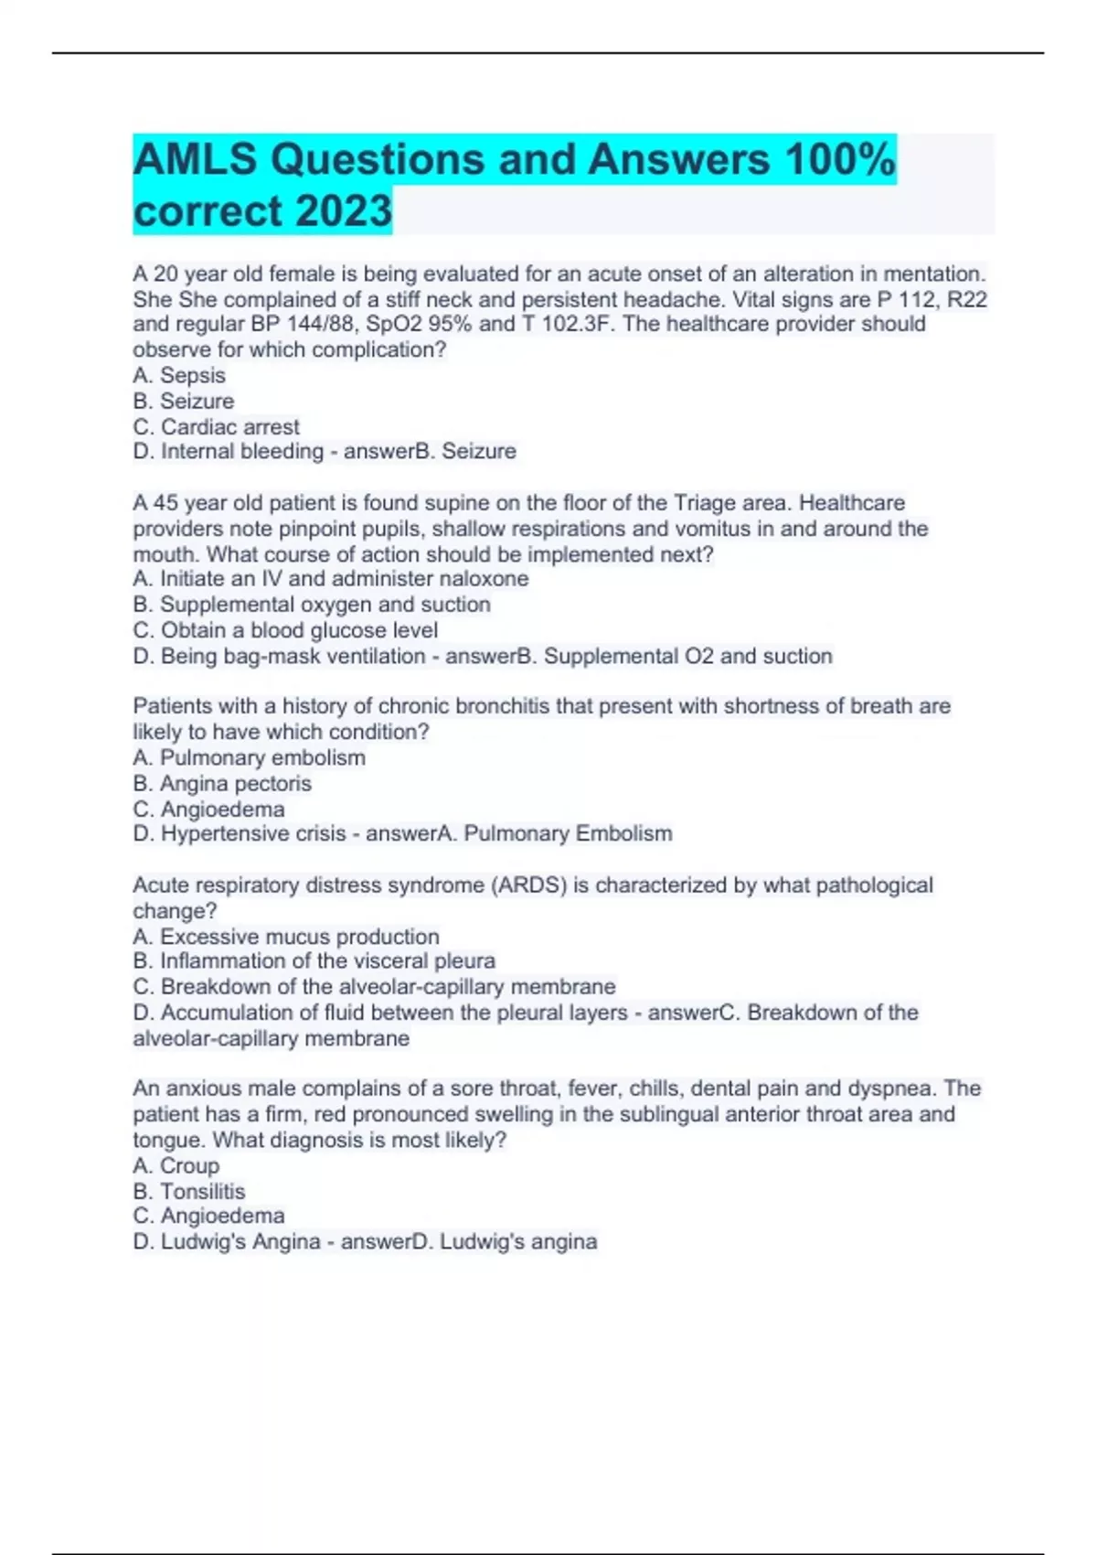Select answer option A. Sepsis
(179, 375)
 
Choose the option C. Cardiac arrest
(216, 426)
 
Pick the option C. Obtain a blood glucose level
(285, 630)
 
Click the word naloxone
(484, 578)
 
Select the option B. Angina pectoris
(222, 783)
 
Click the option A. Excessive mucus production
(286, 937)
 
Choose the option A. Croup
(176, 1165)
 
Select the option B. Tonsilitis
(189, 1191)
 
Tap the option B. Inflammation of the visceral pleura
(314, 960)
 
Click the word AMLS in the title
(195, 159)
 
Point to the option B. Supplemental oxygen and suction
(312, 604)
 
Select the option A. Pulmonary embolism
(250, 757)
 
